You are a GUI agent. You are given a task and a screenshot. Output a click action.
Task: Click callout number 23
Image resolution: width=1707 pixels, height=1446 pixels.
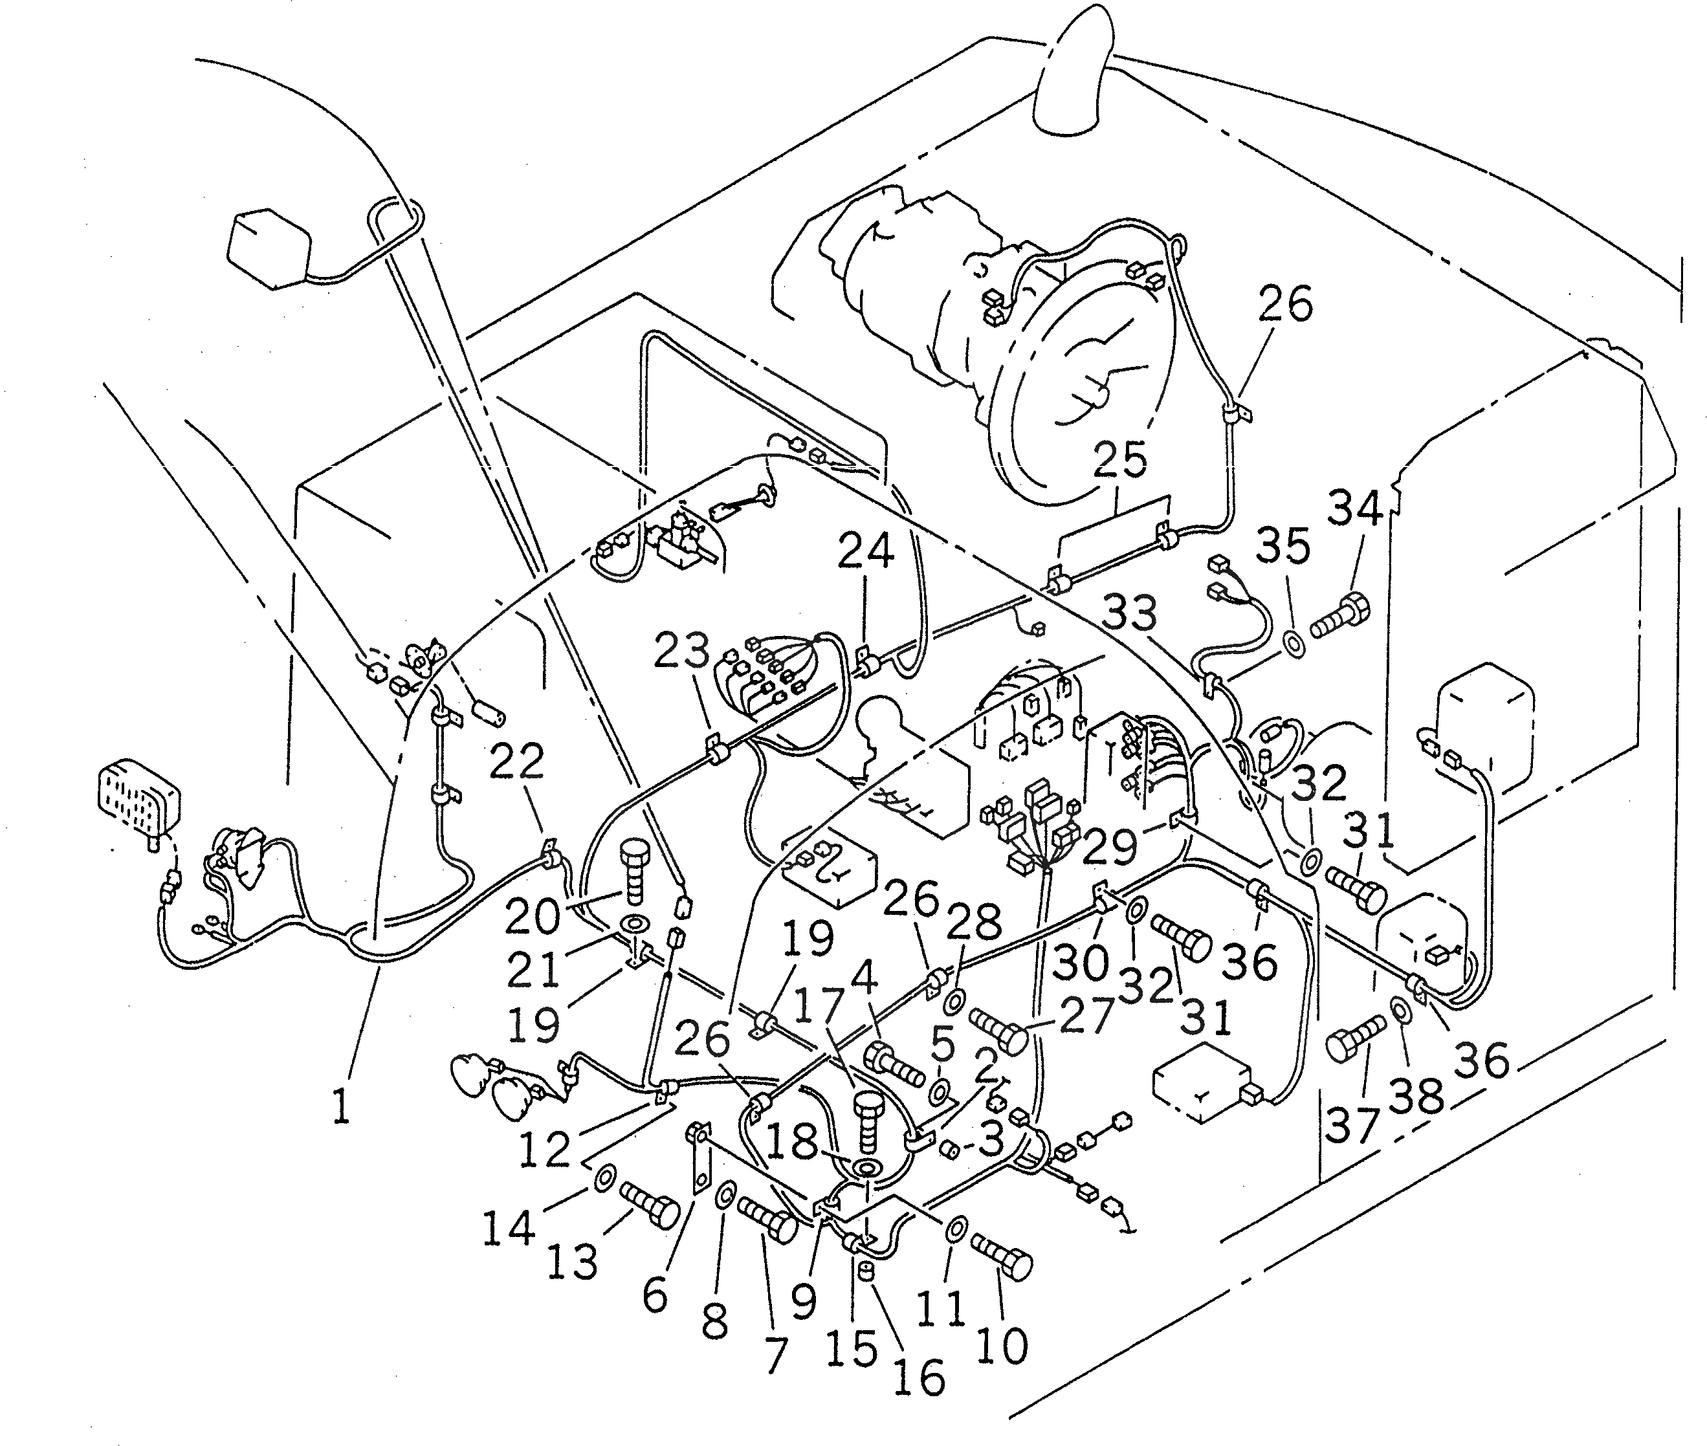coord(681,652)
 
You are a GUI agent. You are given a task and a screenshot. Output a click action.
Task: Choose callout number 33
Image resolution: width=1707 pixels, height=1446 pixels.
coord(1130,612)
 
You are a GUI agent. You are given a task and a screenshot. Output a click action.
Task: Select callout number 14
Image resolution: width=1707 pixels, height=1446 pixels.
coord(509,1227)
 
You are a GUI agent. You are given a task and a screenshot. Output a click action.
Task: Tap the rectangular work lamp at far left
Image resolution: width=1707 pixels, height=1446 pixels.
coord(138,795)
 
